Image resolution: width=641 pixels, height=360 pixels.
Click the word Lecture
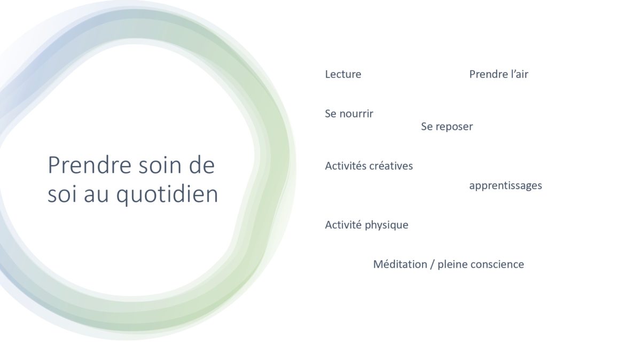click(x=343, y=74)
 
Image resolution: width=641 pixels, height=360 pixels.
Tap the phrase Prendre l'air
click(x=498, y=74)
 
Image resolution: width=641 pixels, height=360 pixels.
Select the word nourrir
click(x=357, y=114)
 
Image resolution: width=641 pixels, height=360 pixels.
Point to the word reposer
click(x=455, y=127)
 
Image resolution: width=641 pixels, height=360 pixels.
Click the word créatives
click(x=391, y=166)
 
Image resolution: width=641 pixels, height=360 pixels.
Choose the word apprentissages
click(x=505, y=186)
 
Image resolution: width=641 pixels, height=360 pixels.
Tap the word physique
click(x=387, y=225)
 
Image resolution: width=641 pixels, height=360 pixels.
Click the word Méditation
click(x=400, y=264)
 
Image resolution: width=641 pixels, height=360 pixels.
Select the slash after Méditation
click(x=432, y=264)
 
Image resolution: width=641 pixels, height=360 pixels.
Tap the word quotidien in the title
click(x=167, y=195)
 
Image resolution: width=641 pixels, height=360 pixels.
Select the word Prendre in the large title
click(x=90, y=165)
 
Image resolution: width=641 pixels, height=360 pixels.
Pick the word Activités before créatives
click(x=346, y=166)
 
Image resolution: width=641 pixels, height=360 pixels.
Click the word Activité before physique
click(x=343, y=225)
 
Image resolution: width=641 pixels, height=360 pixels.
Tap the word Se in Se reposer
click(x=427, y=127)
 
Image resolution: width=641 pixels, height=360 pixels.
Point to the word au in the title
click(x=96, y=195)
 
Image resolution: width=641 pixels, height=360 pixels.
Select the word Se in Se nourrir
click(x=331, y=114)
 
